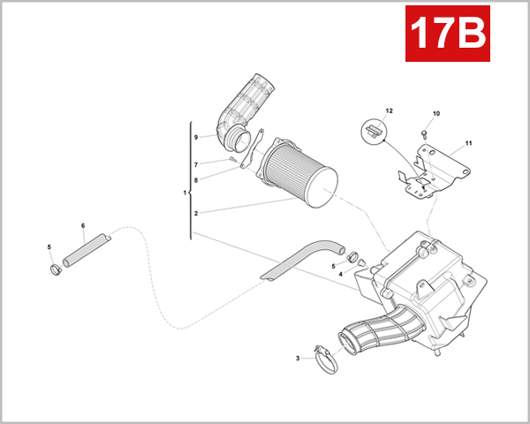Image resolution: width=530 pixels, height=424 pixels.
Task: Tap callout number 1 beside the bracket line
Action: [184, 193]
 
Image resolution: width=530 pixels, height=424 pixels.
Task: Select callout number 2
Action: [196, 213]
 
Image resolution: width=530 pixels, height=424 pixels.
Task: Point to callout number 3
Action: [298, 359]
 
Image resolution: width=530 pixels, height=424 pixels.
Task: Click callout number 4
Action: [340, 274]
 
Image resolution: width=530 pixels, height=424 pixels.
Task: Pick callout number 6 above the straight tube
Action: [82, 226]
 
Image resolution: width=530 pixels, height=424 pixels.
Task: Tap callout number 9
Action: [196, 137]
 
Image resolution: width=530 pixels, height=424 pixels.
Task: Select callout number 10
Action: [435, 113]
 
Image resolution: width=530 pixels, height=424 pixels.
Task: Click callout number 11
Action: [469, 143]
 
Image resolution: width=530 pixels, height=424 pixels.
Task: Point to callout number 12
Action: [387, 110]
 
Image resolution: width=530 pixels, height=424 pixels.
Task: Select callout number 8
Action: [196, 179]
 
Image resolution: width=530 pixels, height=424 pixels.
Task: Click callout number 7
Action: [196, 163]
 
